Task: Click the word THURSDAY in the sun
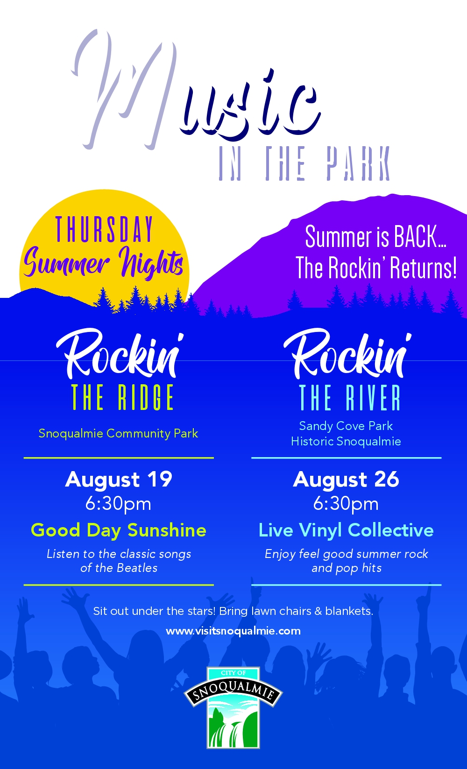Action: [104, 229]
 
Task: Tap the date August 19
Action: [119, 479]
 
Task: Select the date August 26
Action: [346, 479]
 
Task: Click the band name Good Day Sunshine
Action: [119, 530]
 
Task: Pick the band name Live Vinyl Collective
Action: [346, 530]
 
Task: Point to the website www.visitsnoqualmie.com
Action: [233, 631]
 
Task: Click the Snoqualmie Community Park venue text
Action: [118, 434]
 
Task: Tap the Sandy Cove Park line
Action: [346, 426]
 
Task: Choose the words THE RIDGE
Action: [122, 397]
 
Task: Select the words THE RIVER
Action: [350, 397]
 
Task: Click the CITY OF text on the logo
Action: [233, 673]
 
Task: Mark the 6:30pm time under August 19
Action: [118, 504]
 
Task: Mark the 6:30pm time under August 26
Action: [346, 504]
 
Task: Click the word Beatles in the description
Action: [137, 568]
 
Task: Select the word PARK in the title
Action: [358, 163]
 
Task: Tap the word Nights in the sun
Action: [151, 263]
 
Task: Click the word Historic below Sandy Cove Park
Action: [312, 442]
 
